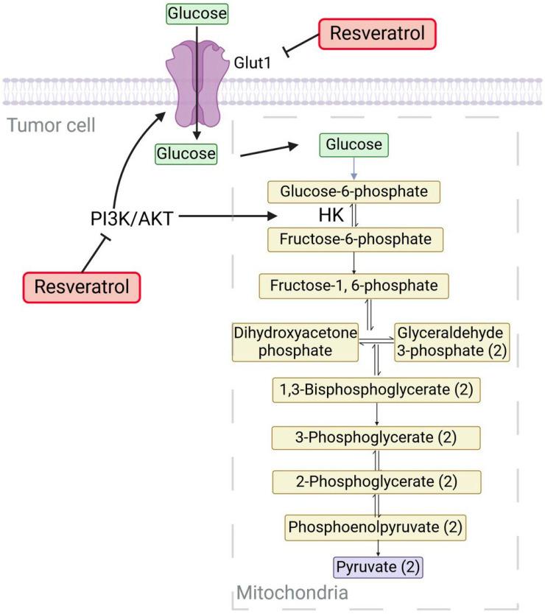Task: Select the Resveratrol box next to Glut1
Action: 378,33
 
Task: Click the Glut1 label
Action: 253,64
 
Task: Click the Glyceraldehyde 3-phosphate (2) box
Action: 452,342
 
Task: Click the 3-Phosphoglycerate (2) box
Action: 376,437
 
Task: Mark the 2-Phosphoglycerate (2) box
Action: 376,482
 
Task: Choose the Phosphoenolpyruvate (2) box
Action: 377,527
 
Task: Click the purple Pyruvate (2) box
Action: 379,568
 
